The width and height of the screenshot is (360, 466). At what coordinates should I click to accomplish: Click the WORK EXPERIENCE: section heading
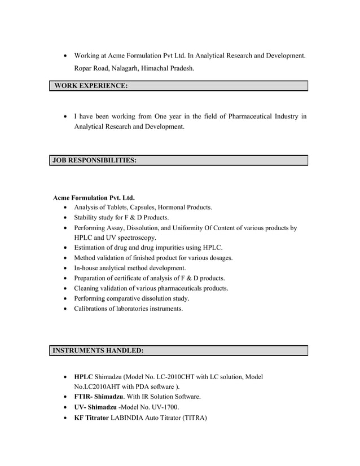90,86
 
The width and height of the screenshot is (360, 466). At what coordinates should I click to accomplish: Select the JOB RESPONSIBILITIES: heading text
94,160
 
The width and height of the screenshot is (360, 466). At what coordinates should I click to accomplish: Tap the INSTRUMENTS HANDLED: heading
98,350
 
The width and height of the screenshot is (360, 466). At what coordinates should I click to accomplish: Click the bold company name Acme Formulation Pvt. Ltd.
94,198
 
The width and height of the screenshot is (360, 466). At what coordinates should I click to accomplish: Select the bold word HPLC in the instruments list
84,376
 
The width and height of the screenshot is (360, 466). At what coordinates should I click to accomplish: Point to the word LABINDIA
129,417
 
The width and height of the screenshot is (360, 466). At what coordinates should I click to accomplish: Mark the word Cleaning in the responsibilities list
87,288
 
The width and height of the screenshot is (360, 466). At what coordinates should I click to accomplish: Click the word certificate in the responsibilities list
130,278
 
